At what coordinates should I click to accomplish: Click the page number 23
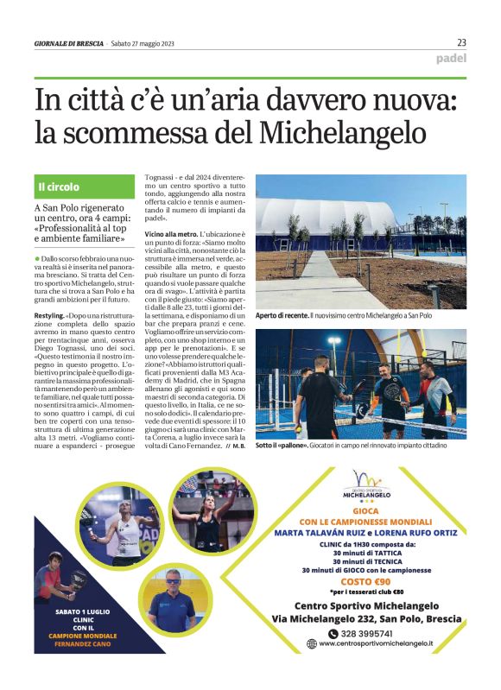[461, 42]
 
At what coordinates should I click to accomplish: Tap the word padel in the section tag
[451, 59]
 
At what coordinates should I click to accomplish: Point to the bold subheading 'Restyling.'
[49, 317]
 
